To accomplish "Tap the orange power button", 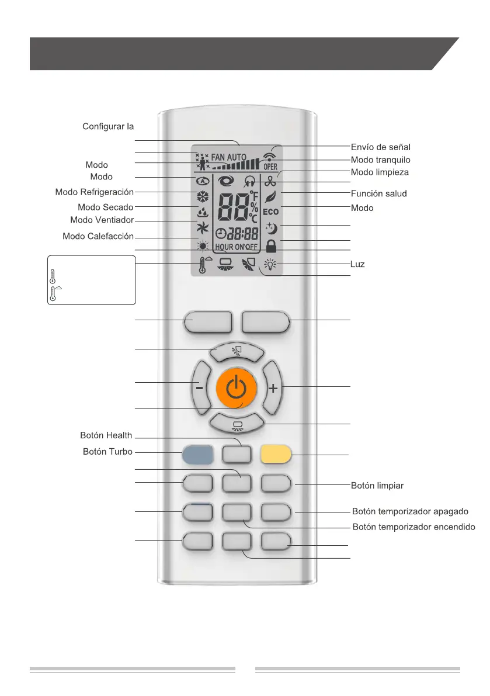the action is coord(236,387).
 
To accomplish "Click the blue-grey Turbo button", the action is coord(197,454).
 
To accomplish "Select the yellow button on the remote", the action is coord(276,454).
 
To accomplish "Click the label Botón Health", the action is coord(106,435).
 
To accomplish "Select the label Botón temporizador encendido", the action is coord(414,527).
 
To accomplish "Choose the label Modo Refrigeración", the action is coord(95,192).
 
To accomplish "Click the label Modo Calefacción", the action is coord(98,237).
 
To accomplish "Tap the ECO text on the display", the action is coord(270,212).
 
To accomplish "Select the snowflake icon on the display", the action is coord(201,196).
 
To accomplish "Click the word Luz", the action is coord(357,265).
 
